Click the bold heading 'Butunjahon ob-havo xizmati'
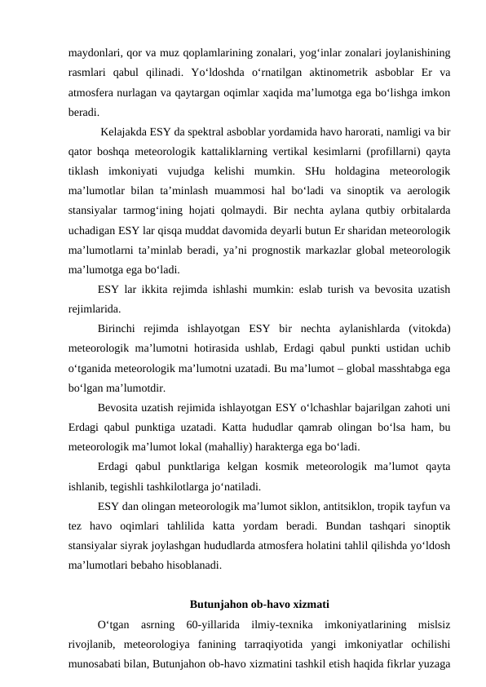[x=259, y=605]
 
